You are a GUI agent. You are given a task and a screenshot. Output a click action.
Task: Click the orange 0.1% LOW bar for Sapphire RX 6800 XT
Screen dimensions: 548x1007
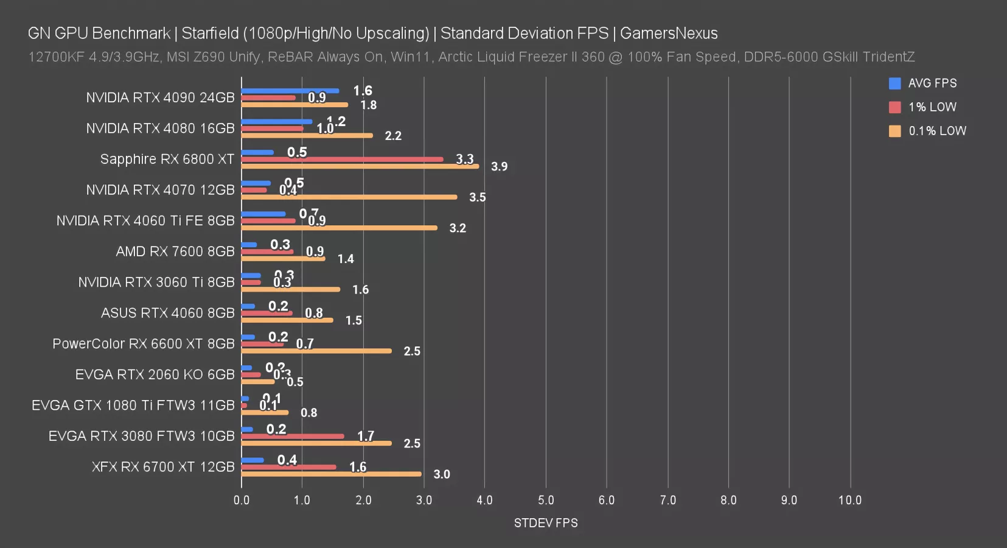coord(360,166)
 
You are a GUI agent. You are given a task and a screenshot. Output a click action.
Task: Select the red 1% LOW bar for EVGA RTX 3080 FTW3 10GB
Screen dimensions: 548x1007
coord(293,436)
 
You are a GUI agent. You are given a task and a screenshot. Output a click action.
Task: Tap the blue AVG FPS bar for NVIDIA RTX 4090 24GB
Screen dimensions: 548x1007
coord(290,91)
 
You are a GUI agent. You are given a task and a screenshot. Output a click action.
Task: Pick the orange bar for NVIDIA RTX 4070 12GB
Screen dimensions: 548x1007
coord(349,197)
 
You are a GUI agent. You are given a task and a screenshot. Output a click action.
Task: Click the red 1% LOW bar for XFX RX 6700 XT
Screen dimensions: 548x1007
coord(289,467)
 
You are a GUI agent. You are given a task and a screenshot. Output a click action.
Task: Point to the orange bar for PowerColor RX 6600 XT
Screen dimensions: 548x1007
coord(316,351)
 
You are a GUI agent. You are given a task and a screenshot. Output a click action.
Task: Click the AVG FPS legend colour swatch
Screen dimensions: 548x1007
coord(895,83)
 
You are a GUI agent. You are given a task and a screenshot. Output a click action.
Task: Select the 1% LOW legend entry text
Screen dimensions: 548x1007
coord(932,107)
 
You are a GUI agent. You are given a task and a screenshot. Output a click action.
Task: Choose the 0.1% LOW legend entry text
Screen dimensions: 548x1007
coord(937,131)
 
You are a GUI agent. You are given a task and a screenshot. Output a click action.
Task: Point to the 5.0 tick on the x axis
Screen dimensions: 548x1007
coord(546,500)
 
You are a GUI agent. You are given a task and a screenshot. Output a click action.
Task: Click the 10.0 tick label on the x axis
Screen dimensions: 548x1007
coord(850,500)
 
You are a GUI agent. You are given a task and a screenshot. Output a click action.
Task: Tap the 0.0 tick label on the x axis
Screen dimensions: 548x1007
coord(242,500)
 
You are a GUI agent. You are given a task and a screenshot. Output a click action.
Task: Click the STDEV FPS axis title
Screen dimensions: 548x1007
coord(546,523)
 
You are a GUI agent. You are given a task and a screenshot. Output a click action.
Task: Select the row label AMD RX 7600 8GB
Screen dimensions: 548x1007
coord(175,251)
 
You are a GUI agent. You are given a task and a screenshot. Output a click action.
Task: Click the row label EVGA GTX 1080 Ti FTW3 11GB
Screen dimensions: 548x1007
coord(133,406)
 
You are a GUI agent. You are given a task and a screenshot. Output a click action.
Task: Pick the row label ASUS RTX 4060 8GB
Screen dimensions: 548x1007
coord(168,313)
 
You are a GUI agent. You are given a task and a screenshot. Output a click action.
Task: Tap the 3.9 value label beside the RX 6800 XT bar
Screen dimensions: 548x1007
coord(499,167)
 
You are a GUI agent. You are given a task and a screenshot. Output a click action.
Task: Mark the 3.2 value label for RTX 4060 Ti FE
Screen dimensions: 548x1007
coord(458,228)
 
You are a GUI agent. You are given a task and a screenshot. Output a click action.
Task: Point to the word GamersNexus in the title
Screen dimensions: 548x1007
coord(669,33)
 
